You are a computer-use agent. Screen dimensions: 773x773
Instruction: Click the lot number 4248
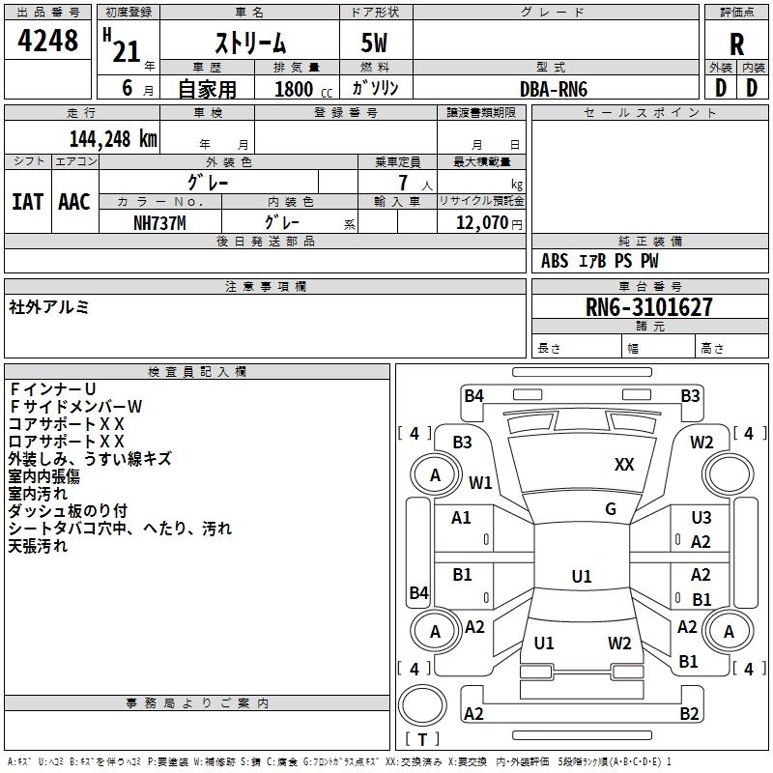47,40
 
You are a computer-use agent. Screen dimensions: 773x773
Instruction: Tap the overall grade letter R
736,44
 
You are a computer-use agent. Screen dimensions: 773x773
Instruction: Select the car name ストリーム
250,43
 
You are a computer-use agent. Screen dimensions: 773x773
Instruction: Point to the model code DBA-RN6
554,89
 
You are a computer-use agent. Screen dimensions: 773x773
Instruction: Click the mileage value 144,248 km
113,139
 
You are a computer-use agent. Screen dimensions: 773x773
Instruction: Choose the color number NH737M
159,223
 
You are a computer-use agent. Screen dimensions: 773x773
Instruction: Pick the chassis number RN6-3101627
648,307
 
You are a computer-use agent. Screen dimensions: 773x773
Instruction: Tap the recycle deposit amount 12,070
481,223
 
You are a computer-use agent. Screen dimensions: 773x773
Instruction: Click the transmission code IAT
28,202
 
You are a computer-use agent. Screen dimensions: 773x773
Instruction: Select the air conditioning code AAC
74,202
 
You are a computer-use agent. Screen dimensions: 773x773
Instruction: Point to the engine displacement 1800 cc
303,89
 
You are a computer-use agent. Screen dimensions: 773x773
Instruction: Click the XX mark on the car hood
624,465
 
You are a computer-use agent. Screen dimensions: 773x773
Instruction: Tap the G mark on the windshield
611,509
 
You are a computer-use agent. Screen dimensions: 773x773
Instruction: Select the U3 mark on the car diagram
701,518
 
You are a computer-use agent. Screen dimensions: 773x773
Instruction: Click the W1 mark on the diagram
480,482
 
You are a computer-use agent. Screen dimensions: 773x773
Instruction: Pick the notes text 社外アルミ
48,307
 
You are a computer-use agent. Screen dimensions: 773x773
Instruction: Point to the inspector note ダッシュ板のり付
68,511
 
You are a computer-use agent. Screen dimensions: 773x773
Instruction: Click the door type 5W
374,43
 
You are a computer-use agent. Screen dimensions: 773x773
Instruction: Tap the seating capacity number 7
403,183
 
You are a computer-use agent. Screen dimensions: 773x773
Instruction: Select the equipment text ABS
555,261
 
